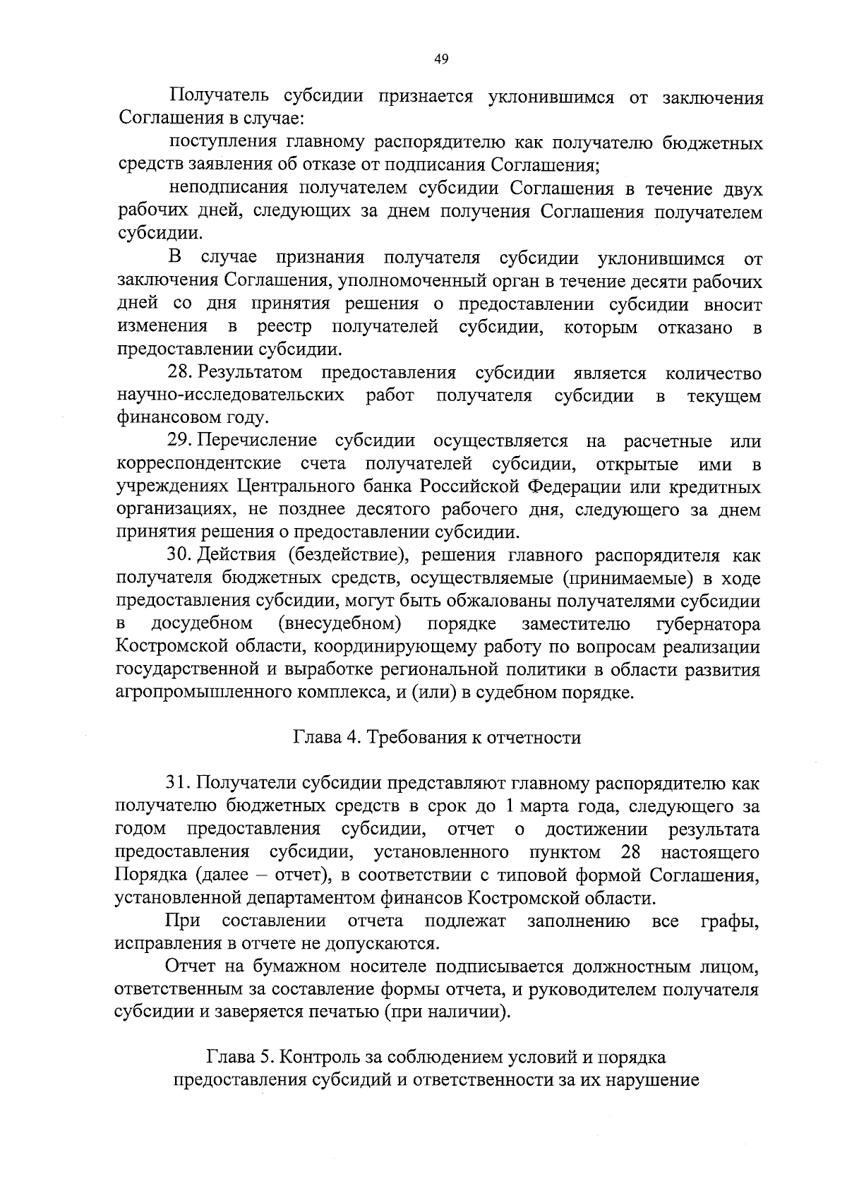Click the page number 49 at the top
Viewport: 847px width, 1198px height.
(441, 59)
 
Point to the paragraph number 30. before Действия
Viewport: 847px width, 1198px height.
(182, 556)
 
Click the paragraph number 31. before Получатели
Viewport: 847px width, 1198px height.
(180, 782)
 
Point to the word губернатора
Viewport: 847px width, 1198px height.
(708, 624)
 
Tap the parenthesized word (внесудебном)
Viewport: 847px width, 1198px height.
(340, 624)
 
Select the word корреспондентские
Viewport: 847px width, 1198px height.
(198, 464)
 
